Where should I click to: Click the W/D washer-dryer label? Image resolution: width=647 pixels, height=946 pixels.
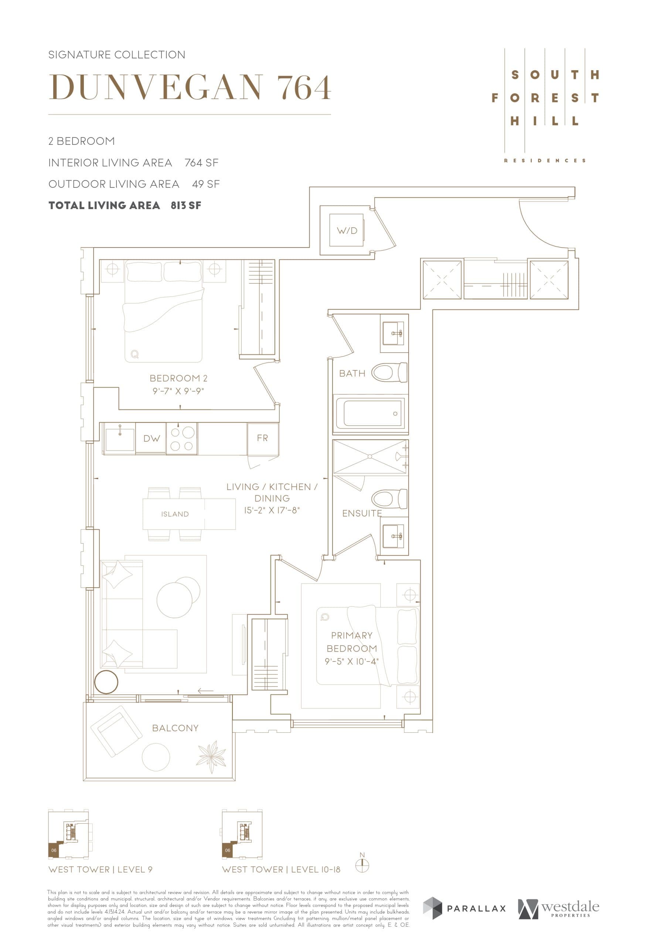click(347, 231)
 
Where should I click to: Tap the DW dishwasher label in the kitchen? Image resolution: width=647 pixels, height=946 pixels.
click(151, 438)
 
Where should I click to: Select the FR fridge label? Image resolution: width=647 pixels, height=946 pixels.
click(262, 438)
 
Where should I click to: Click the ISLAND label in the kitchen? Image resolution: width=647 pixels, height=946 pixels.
click(175, 514)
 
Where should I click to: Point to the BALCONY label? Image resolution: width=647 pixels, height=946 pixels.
click(176, 728)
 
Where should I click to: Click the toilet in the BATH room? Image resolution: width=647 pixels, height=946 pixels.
click(389, 372)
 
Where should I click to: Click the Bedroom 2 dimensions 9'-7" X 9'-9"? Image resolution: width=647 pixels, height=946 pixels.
click(178, 391)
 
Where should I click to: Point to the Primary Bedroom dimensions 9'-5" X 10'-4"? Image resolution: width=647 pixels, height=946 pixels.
click(351, 661)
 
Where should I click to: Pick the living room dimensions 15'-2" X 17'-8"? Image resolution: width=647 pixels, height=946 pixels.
click(272, 510)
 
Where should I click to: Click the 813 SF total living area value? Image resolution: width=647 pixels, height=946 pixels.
click(186, 205)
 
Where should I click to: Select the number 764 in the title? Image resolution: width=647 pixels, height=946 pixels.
click(304, 88)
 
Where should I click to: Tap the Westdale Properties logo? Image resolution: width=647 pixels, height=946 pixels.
click(558, 909)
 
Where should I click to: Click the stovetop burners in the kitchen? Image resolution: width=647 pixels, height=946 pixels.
click(182, 439)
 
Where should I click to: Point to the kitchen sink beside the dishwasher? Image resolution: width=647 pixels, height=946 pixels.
click(120, 439)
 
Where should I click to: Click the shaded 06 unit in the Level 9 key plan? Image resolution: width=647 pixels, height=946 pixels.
click(54, 850)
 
